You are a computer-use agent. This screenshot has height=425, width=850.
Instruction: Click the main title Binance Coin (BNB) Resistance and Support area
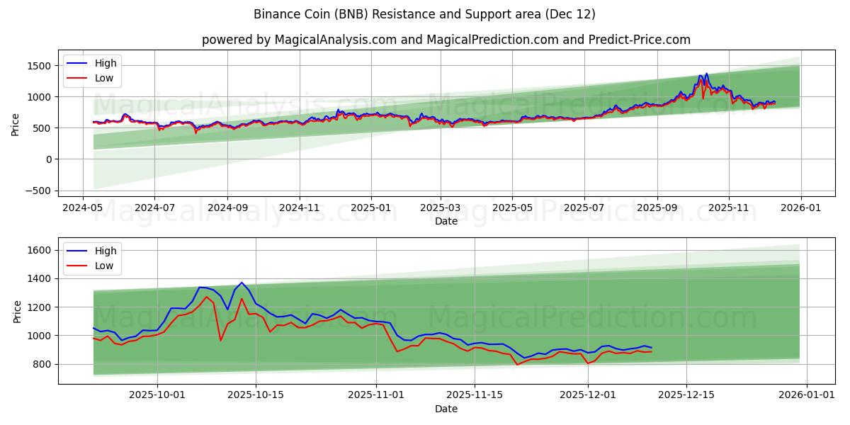click(425, 14)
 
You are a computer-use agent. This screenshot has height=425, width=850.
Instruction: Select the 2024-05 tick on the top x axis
click(84, 208)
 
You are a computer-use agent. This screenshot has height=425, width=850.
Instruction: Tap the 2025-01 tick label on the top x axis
click(371, 208)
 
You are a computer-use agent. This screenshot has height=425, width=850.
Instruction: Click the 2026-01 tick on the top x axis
click(801, 208)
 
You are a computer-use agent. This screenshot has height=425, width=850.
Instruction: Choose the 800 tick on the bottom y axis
click(43, 364)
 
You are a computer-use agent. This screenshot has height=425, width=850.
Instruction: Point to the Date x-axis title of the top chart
click(446, 221)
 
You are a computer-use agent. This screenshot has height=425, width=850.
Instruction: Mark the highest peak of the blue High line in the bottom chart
click(242, 283)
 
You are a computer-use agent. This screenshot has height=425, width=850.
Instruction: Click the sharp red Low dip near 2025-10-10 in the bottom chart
click(220, 341)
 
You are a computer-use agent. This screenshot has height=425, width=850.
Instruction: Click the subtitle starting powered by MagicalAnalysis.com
click(446, 40)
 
